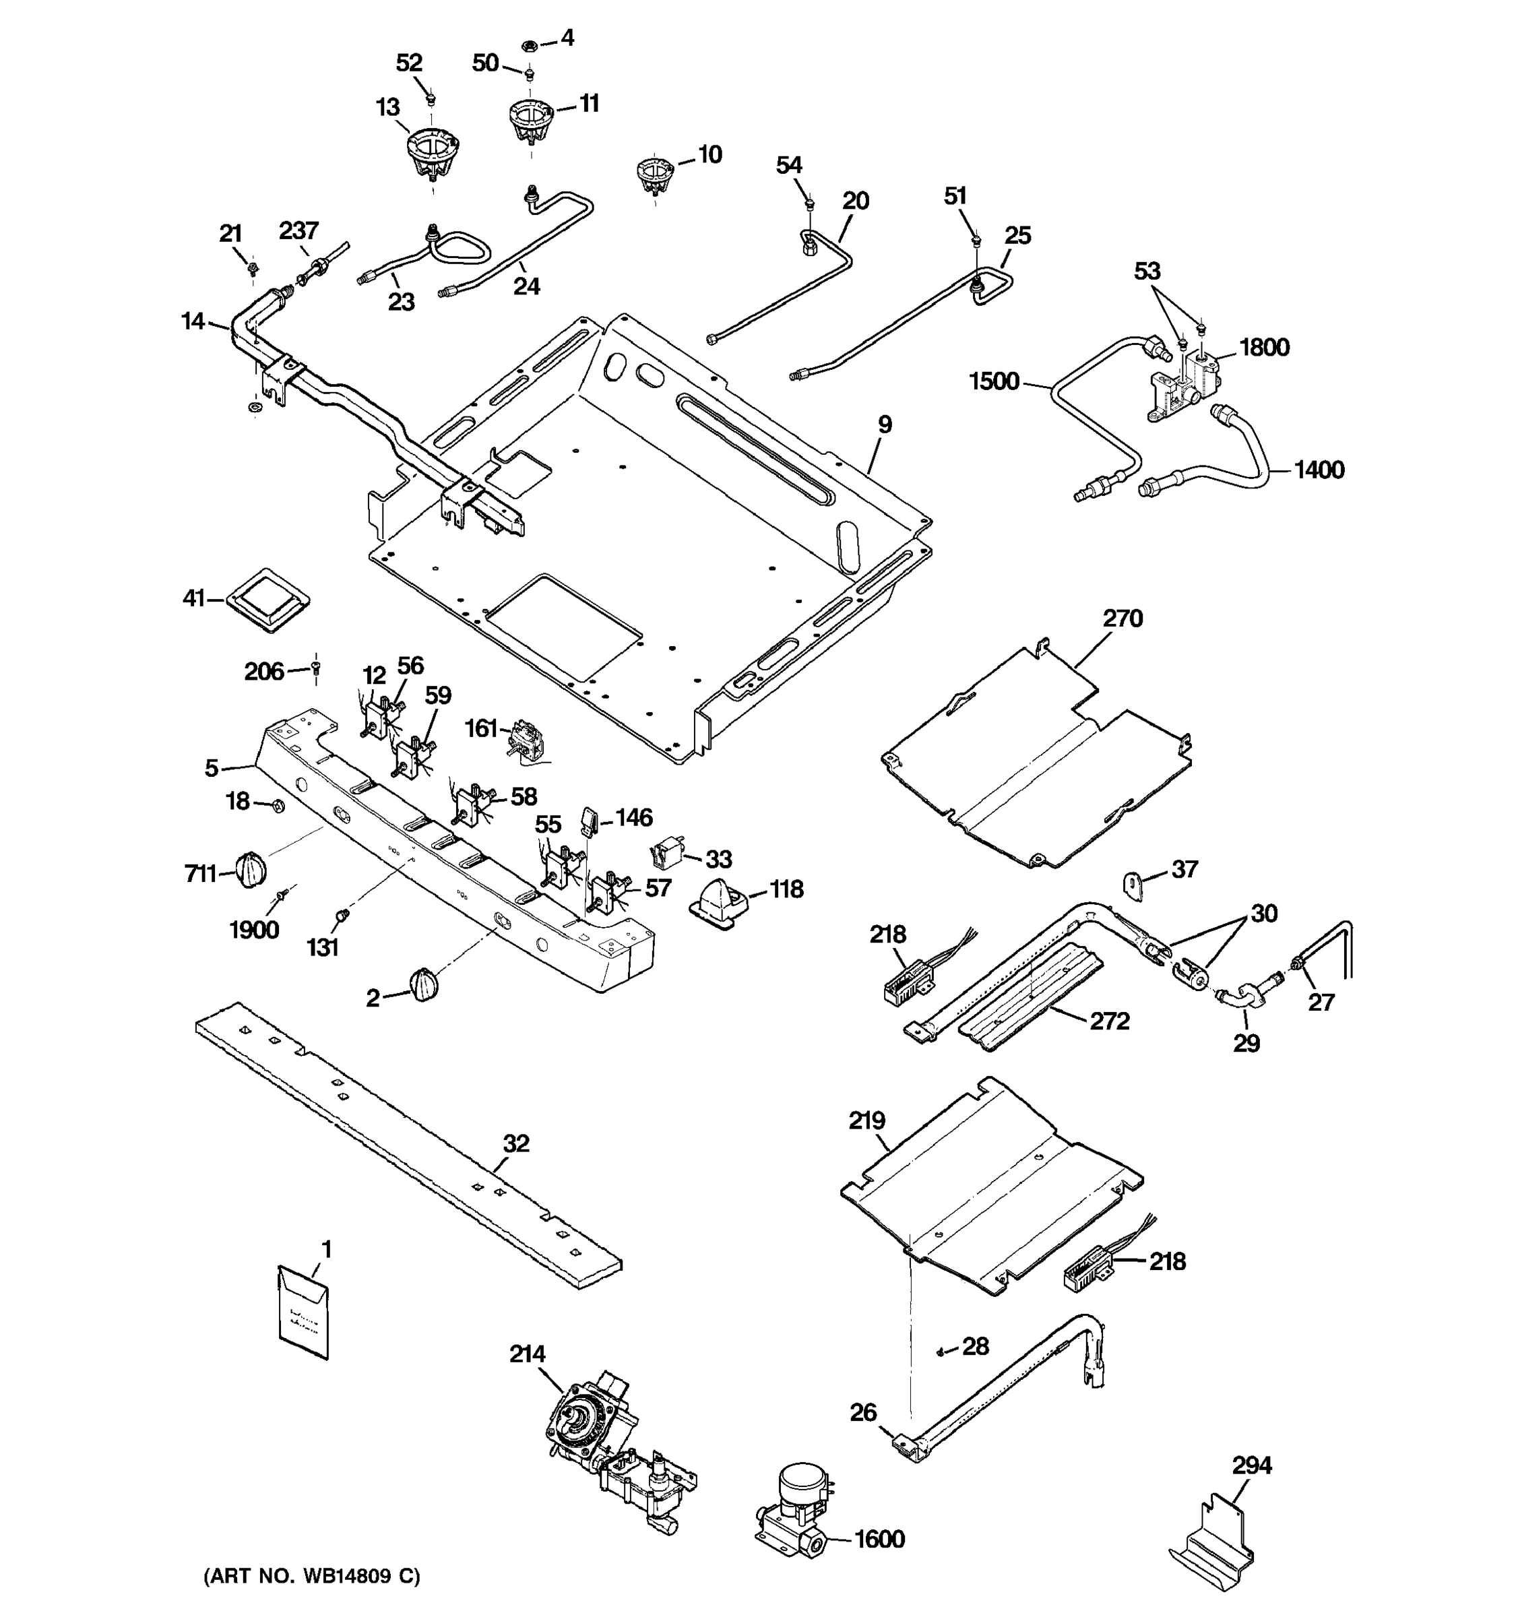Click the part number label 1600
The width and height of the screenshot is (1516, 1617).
point(880,1539)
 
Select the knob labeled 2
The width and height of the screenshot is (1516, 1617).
point(424,985)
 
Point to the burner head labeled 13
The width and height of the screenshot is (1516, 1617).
point(433,157)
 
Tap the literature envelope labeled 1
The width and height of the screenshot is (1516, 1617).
point(303,1311)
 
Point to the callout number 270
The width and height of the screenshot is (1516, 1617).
point(1123,619)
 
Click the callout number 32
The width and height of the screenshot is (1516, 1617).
point(515,1143)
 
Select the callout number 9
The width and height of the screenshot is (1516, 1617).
point(884,424)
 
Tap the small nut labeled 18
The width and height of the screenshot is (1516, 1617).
point(276,806)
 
